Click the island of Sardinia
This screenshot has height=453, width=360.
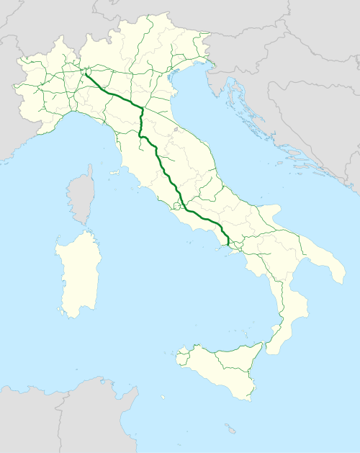pos(78,274)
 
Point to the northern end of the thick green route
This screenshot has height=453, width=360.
pos(85,71)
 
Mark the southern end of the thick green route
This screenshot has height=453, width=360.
pos(229,244)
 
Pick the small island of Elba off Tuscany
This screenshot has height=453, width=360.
pos(114,173)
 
